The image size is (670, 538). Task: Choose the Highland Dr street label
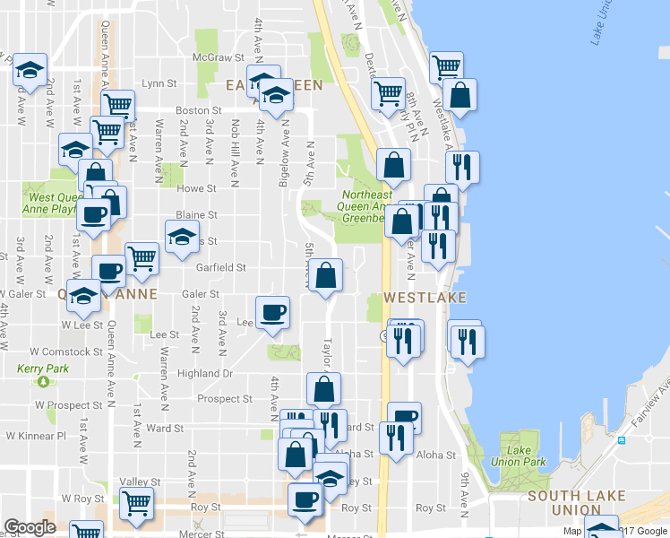coord(205,373)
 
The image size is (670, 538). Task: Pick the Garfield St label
coord(222,267)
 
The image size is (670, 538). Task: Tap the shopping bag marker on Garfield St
coord(325,274)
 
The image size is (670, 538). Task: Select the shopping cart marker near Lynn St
coord(117,105)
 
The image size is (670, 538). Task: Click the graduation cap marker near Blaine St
coord(182,238)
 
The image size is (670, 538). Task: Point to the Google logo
coord(30,528)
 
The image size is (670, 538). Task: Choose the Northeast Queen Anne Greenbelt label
coord(366,205)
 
